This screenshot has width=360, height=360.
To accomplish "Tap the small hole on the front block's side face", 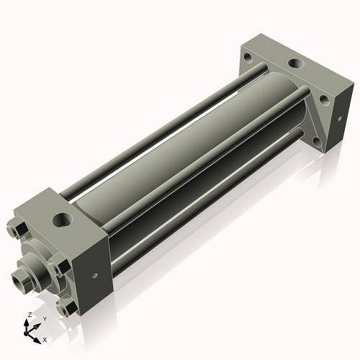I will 95,274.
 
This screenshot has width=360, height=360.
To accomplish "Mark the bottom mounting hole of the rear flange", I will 317,133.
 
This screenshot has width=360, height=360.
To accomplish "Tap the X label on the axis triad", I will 45,338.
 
